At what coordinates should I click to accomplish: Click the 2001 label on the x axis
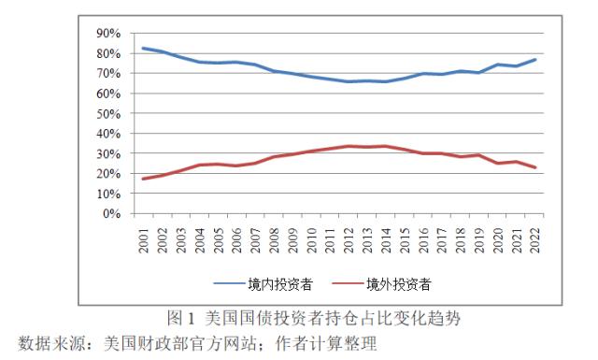click(x=145, y=238)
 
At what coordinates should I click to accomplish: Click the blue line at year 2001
click(x=144, y=48)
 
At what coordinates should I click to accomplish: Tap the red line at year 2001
click(x=144, y=179)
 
